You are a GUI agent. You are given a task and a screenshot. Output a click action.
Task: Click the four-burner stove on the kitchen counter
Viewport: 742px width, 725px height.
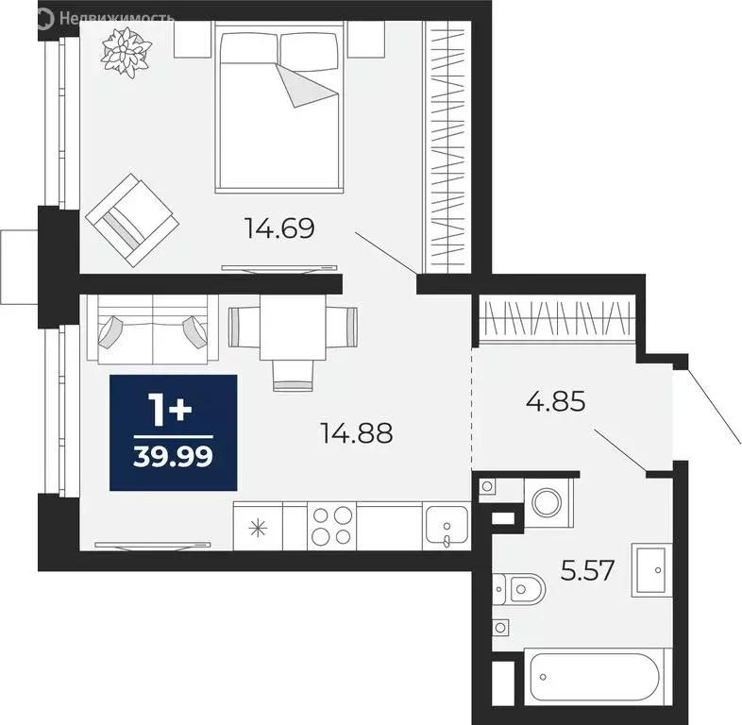click(332, 525)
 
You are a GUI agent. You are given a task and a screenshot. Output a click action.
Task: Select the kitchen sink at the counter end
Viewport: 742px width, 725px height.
click(446, 525)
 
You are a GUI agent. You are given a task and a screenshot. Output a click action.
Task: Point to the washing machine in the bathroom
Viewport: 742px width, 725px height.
click(546, 500)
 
